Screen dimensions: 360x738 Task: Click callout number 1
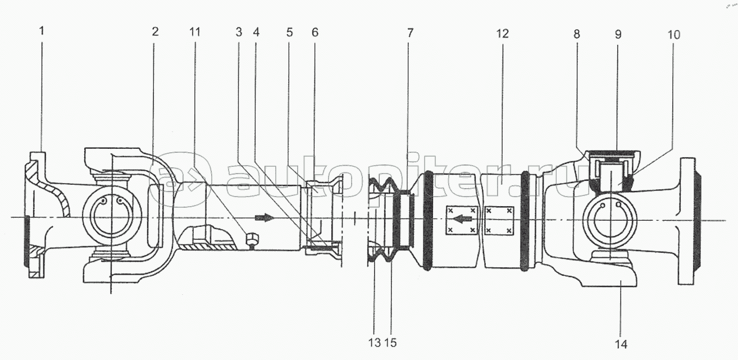point(42,32)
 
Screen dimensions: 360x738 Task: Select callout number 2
point(155,32)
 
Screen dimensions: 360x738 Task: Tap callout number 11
point(195,32)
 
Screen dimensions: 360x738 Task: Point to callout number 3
point(239,32)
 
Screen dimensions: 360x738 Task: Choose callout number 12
point(502,33)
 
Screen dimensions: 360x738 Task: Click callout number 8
point(576,33)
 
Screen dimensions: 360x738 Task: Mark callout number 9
point(618,34)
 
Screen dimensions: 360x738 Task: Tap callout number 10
point(674,35)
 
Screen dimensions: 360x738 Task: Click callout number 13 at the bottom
point(374,342)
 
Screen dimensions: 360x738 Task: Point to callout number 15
point(390,342)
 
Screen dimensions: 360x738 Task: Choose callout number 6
point(315,32)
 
